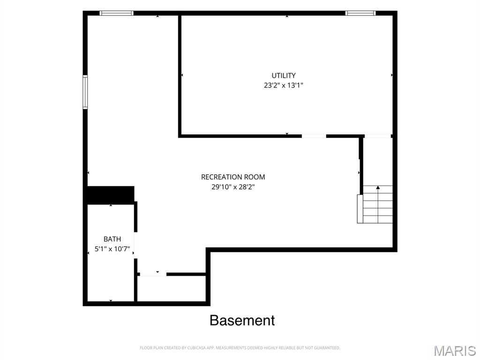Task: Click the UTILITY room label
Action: [x=284, y=75]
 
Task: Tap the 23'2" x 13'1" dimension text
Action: [x=284, y=85]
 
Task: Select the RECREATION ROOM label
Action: [x=233, y=177]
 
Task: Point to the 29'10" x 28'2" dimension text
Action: [x=233, y=187]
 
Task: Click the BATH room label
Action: [x=112, y=239]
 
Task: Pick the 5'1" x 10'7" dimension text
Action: [x=112, y=249]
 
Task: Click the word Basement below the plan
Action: [x=242, y=321]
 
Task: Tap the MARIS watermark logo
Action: [x=455, y=351]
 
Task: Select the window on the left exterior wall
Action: [x=85, y=92]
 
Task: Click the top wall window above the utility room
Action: [x=360, y=13]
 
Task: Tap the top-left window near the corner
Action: [x=116, y=13]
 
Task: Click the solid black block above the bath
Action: [x=111, y=195]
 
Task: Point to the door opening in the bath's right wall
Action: [x=135, y=246]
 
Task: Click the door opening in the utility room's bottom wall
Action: [x=314, y=136]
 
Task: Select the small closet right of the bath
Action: [x=172, y=289]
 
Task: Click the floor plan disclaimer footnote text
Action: [x=240, y=348]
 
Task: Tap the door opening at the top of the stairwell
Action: [x=378, y=136]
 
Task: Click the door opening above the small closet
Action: [x=153, y=274]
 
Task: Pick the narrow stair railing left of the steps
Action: [x=360, y=209]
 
